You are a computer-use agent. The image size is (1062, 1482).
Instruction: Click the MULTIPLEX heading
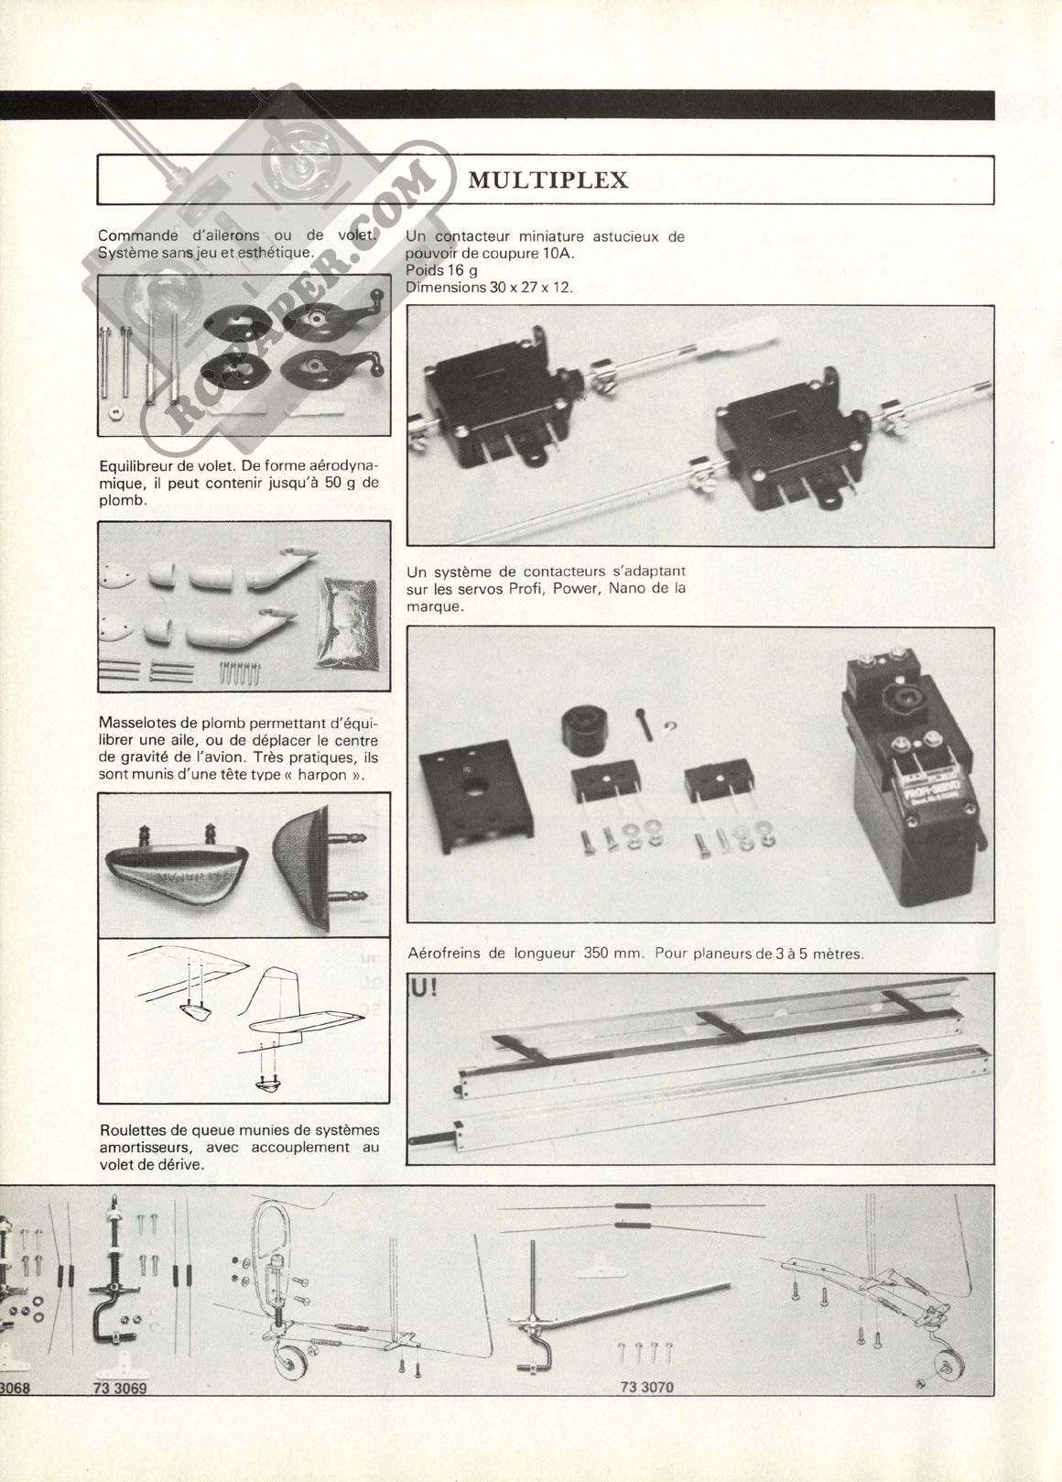(547, 180)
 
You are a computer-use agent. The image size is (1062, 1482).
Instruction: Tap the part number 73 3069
(119, 1413)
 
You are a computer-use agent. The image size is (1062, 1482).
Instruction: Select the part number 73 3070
(646, 1413)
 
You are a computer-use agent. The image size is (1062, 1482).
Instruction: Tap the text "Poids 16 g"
(442, 271)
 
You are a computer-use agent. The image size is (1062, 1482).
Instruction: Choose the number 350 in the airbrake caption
(599, 953)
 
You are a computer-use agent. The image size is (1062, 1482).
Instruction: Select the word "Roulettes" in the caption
(134, 1130)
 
